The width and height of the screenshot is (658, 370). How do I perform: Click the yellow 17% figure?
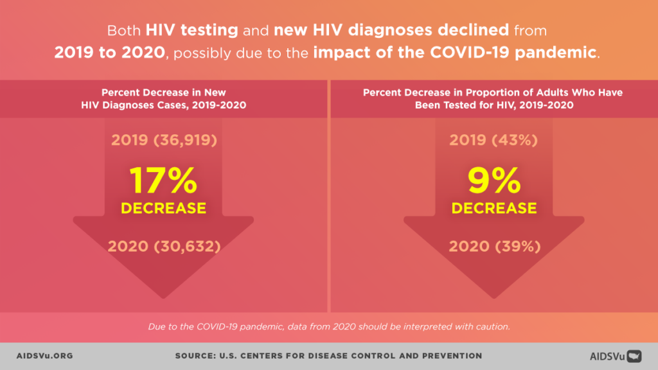tap(163, 181)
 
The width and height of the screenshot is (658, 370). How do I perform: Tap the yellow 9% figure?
tap(493, 181)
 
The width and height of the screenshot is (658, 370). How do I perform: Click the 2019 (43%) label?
tap(493, 140)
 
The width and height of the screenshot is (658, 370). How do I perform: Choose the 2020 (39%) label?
tap(493, 246)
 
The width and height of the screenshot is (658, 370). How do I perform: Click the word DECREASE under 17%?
tap(163, 208)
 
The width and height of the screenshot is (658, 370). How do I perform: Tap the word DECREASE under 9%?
tap(493, 208)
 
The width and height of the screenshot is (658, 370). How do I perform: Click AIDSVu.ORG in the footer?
tap(44, 356)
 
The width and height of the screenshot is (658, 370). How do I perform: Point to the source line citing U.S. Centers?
tap(328, 356)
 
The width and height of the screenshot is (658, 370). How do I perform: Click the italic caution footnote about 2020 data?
tap(329, 326)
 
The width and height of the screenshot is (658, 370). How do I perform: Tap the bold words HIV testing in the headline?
tap(192, 30)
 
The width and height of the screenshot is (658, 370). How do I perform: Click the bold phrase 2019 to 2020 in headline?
tap(110, 53)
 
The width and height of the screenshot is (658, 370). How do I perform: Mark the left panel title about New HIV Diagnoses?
tap(163, 98)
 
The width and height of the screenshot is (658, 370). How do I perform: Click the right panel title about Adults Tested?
tap(493, 98)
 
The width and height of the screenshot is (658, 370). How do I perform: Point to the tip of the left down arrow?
tap(163, 297)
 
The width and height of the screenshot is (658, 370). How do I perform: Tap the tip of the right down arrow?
tap(493, 297)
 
